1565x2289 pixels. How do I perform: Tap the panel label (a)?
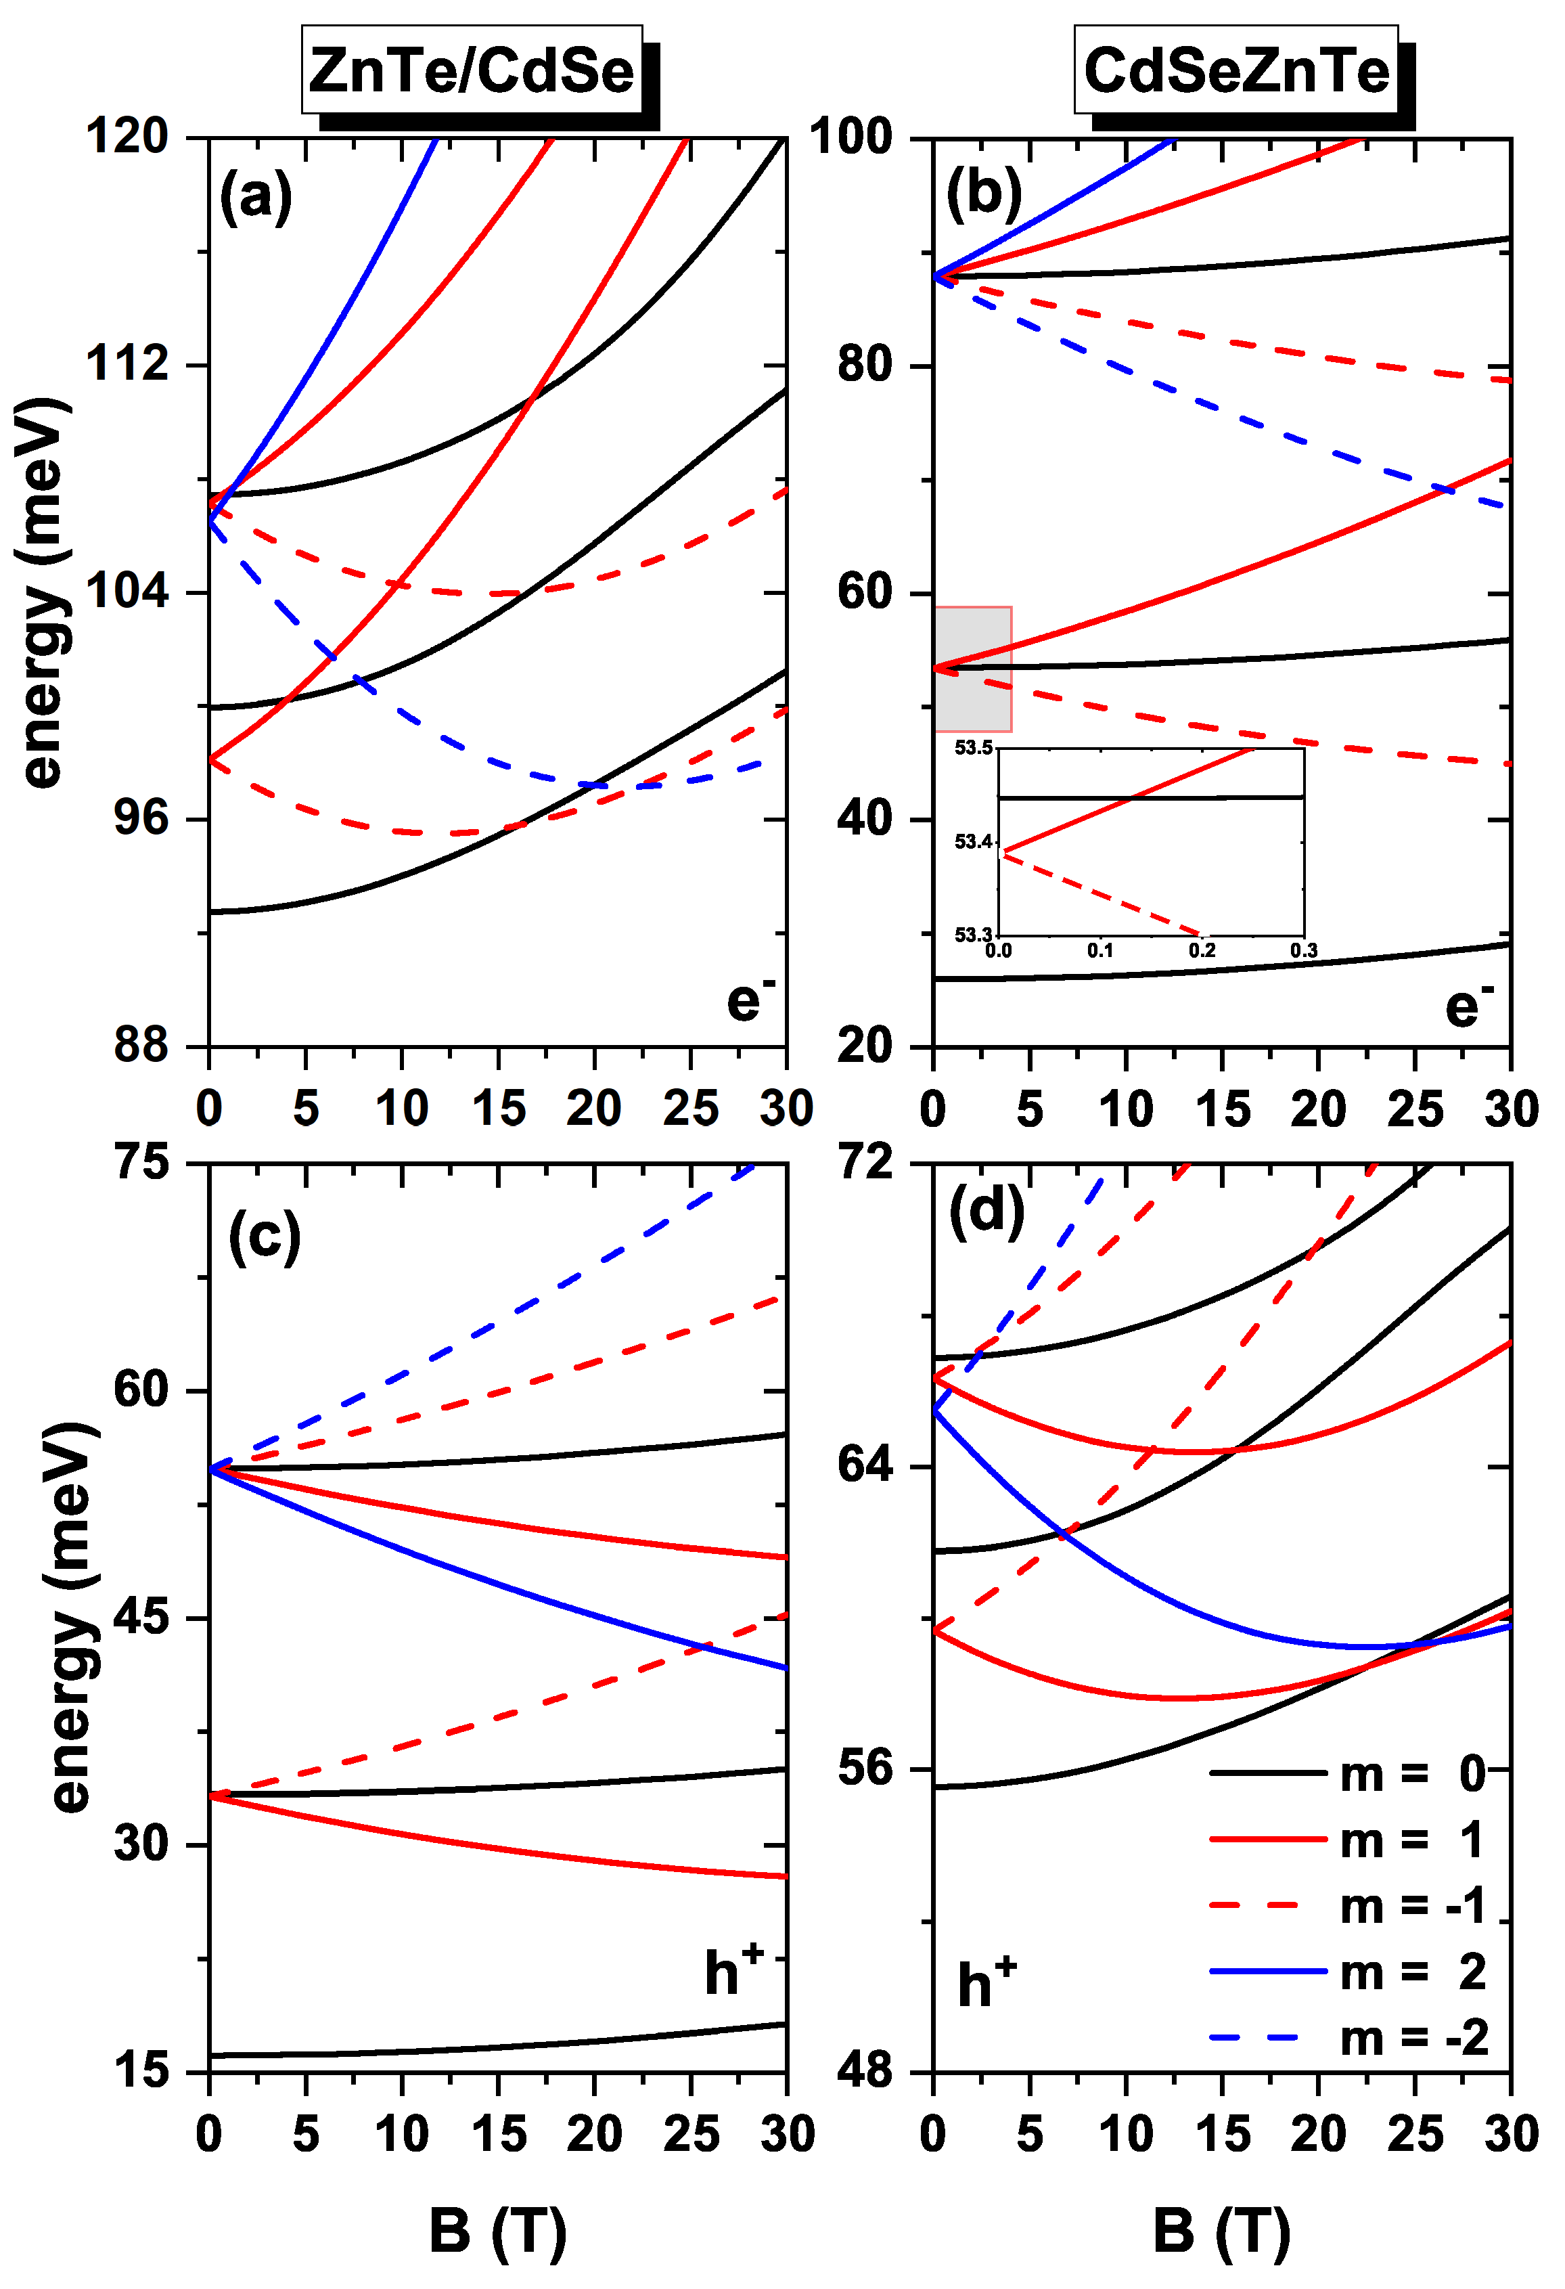[x=255, y=196]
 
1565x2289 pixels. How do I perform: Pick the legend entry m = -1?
[x=1349, y=1906]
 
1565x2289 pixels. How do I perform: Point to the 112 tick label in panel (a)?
[x=128, y=363]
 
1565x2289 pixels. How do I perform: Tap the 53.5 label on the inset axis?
[x=973, y=749]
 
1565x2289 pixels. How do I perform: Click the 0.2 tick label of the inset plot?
[x=1202, y=950]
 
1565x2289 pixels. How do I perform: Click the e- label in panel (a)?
[x=750, y=1001]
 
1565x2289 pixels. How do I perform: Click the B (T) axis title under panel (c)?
[x=497, y=2230]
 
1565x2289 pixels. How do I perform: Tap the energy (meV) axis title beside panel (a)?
[x=45, y=591]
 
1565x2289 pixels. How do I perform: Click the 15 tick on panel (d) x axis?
[x=1222, y=2133]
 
